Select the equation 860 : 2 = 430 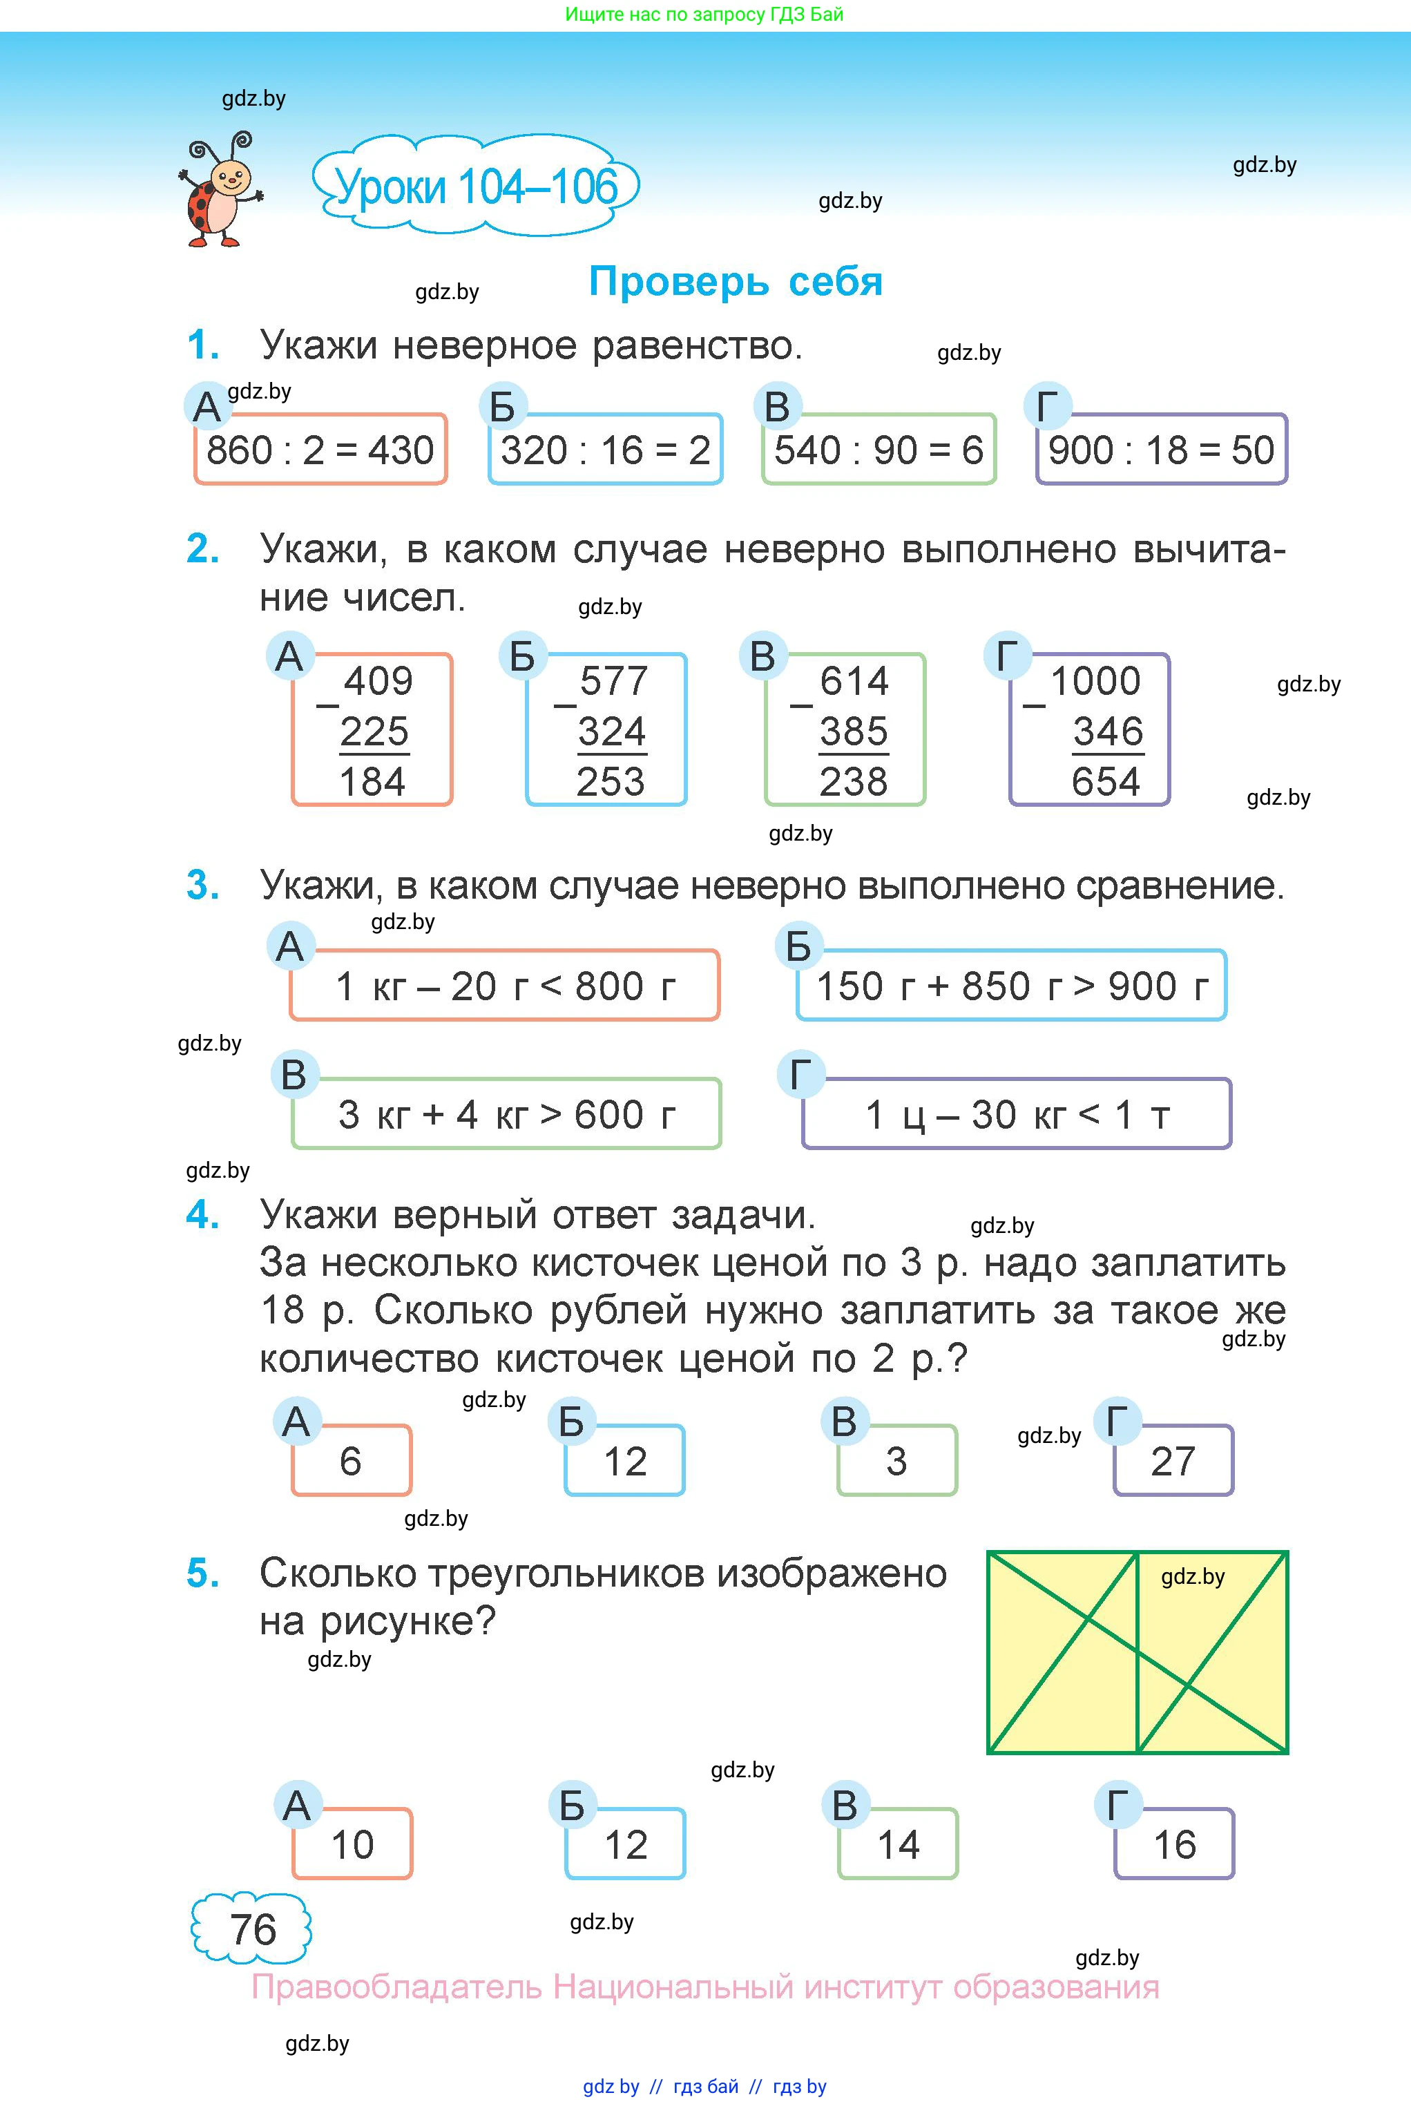click(320, 450)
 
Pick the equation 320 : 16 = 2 click(606, 450)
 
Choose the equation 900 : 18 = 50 click(1161, 450)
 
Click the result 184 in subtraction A click(372, 781)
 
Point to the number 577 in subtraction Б click(614, 681)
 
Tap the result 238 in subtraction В click(853, 781)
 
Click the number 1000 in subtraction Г click(1095, 681)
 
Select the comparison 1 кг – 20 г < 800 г click(505, 986)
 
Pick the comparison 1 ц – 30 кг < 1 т click(1017, 1115)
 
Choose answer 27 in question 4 click(1173, 1462)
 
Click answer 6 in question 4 click(351, 1462)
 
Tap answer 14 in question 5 click(898, 1845)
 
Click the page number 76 click(252, 1929)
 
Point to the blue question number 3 click(202, 886)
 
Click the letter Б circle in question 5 click(573, 1805)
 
